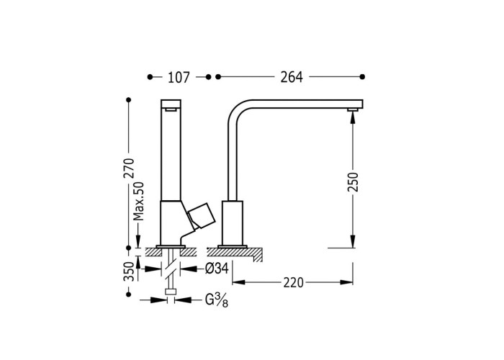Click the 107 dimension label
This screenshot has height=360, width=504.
coord(179,78)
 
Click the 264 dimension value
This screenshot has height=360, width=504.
coord(292,77)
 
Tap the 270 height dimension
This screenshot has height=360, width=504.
coord(129,168)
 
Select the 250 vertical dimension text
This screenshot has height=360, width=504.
coord(353,182)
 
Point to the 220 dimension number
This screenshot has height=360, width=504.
coord(293,283)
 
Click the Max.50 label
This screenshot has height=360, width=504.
coord(139,201)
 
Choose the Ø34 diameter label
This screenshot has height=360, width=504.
coord(217,269)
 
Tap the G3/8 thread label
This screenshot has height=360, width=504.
coord(217,301)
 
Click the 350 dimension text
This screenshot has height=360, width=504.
coord(129,271)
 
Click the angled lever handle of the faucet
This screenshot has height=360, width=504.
coord(201,216)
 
